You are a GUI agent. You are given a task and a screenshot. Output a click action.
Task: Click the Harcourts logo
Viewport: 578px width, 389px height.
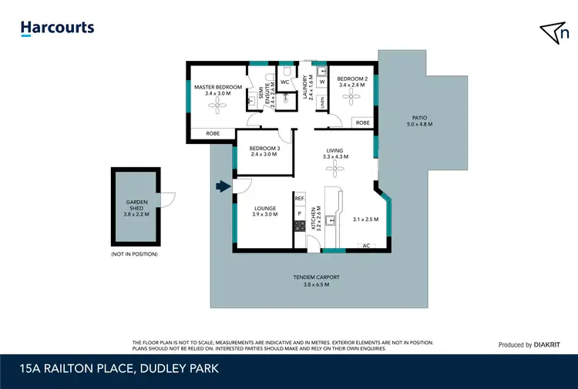tap(58, 28)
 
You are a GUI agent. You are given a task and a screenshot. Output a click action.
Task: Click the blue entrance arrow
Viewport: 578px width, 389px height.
tap(223, 186)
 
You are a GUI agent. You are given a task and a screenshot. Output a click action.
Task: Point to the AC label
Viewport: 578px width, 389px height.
tap(366, 246)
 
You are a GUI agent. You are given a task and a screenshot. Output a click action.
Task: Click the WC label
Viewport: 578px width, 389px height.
tap(284, 82)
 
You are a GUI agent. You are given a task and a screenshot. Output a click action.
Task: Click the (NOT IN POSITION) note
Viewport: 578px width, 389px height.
tap(134, 253)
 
